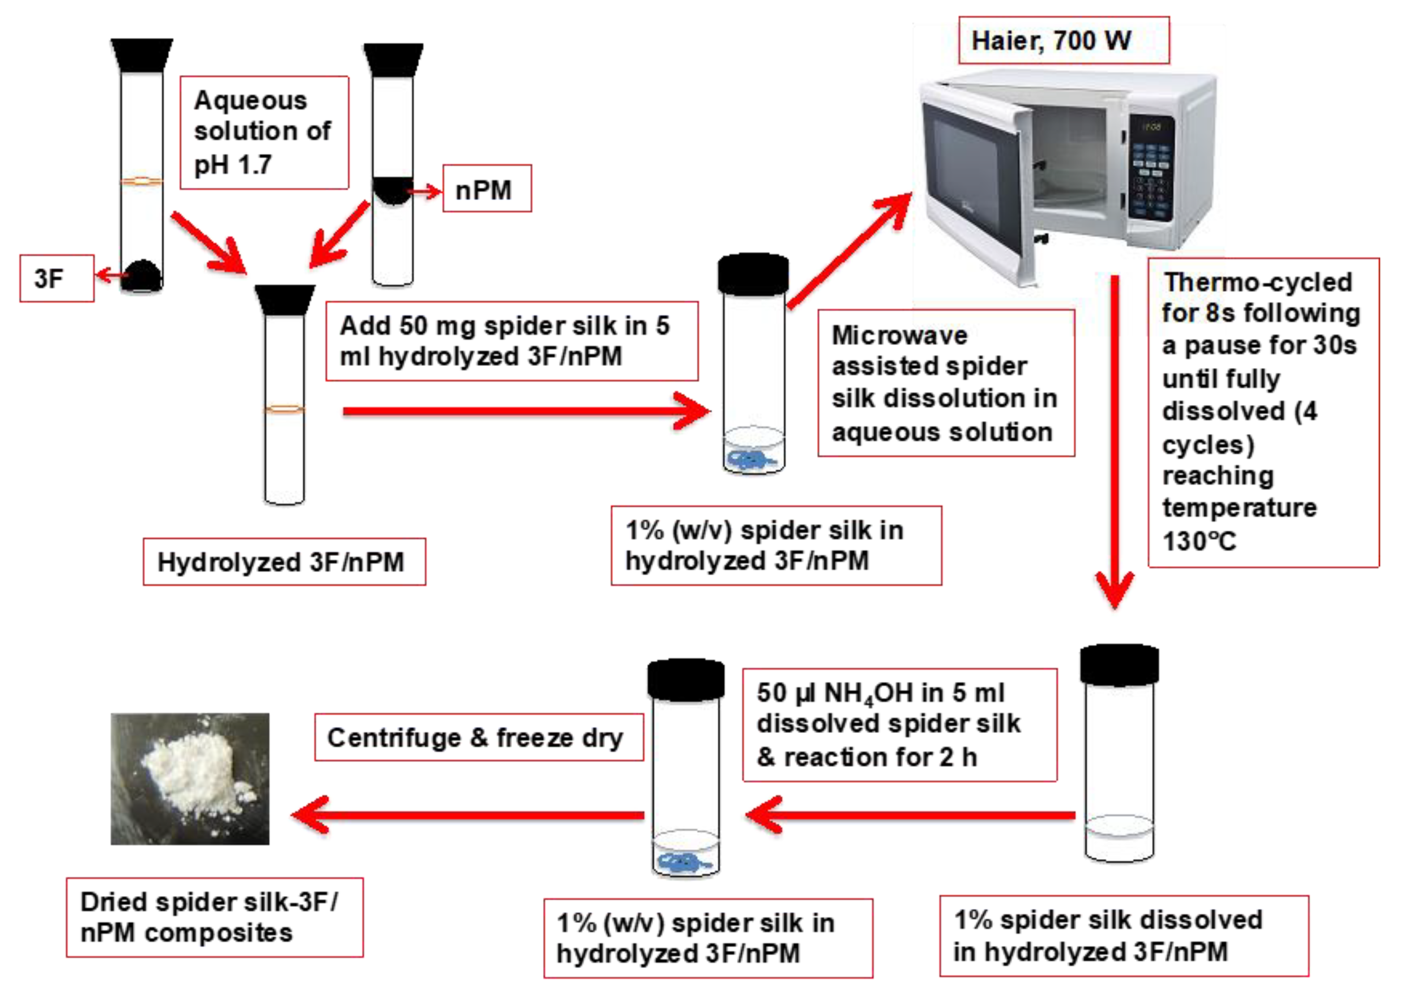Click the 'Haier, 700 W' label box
pyautogui.click(x=1063, y=41)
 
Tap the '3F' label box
pyautogui.click(x=56, y=279)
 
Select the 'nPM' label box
pyautogui.click(x=487, y=189)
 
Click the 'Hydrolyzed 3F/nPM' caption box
pyautogui.click(x=284, y=562)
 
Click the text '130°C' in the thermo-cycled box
pyautogui.click(x=1199, y=541)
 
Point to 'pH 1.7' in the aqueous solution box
pyautogui.click(x=232, y=164)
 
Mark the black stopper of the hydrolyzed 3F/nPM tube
pyautogui.click(x=285, y=300)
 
